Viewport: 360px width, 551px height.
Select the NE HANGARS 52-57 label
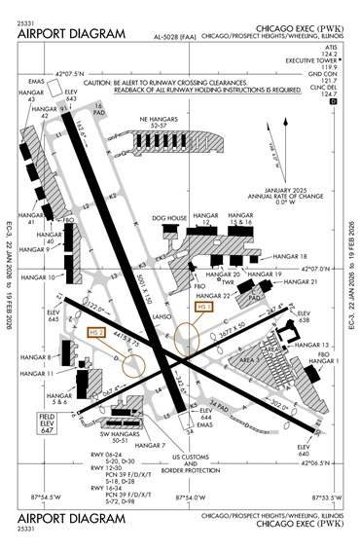[x=167, y=123]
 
